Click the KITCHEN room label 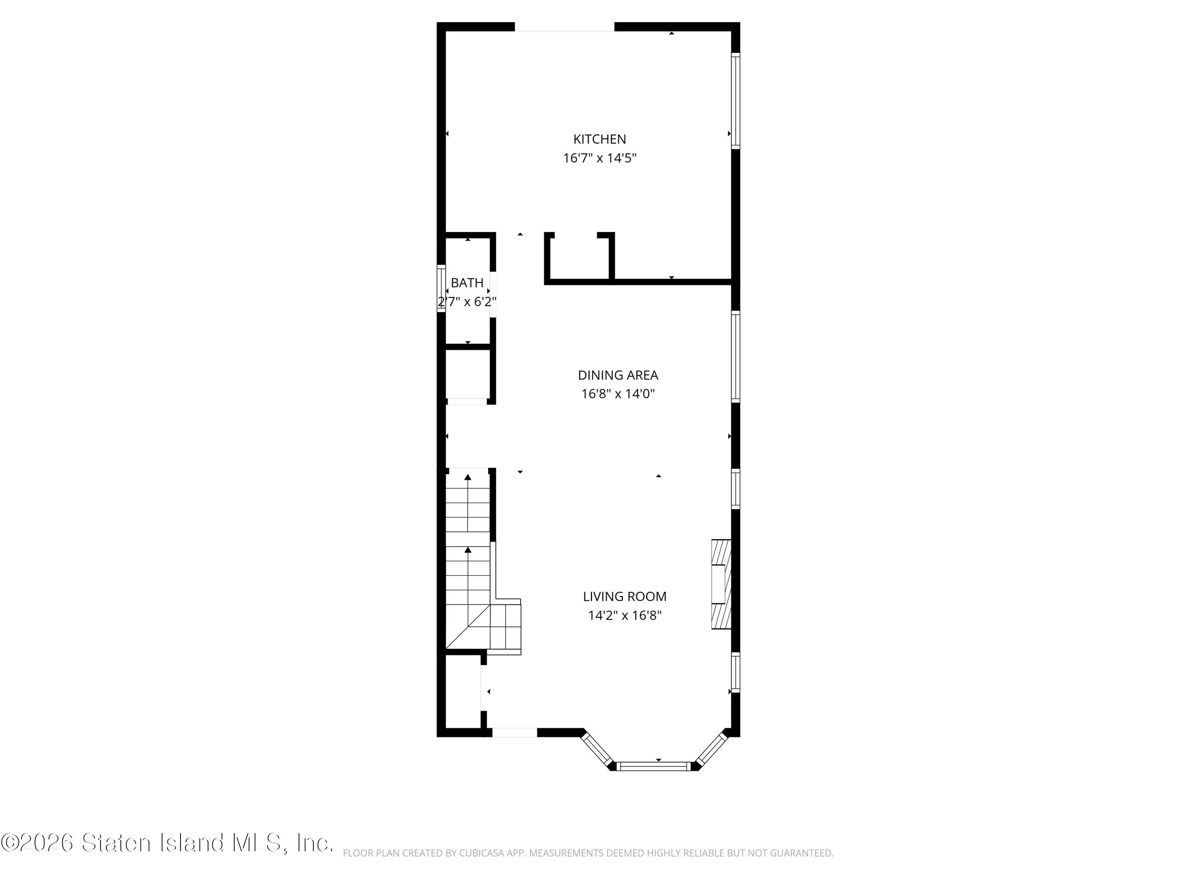tap(599, 139)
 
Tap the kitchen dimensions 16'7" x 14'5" tap(599, 158)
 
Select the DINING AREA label tap(618, 375)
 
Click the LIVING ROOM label tap(624, 597)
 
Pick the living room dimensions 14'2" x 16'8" tap(624, 615)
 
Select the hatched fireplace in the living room tap(721, 584)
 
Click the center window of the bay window tap(653, 766)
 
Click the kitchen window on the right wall tap(735, 100)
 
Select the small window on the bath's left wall tap(441, 288)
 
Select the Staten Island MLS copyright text tap(167, 843)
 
